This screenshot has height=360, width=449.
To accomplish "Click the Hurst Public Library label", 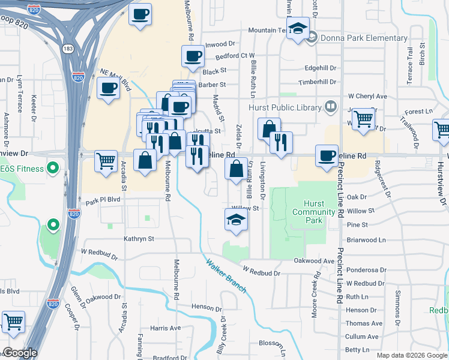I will coord(287,107).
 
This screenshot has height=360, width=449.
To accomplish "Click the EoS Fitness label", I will coord(22,169).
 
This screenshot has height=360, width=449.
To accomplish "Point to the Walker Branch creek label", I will coord(226,276).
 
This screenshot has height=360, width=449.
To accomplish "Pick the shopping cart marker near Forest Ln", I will coord(363,118).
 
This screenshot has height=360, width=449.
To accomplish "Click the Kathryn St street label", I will coord(139,239).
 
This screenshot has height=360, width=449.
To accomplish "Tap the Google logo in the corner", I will coord(20,352).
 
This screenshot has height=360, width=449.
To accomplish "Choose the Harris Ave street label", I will coord(165,328).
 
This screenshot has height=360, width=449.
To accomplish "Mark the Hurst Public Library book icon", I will coord(330,107).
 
